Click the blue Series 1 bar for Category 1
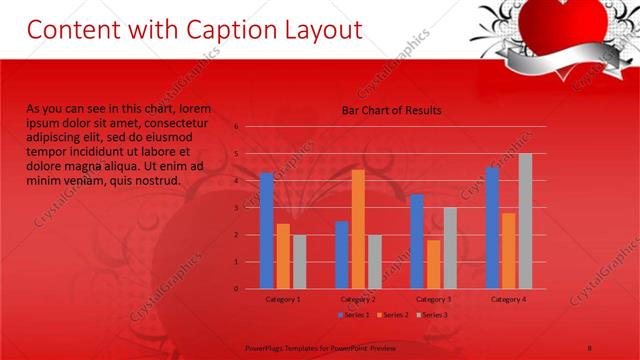coord(266,231)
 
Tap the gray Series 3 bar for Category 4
coord(525,221)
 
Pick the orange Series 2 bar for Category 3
coord(434,264)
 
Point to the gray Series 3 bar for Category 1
coord(299,262)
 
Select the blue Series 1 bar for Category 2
coord(342,255)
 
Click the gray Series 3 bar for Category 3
coord(450,248)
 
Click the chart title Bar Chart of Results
coord(391,110)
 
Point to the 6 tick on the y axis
coord(236,126)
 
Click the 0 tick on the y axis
coord(236,289)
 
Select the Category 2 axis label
coord(358,299)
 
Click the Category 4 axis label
coord(508,299)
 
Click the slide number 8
coord(590,347)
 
